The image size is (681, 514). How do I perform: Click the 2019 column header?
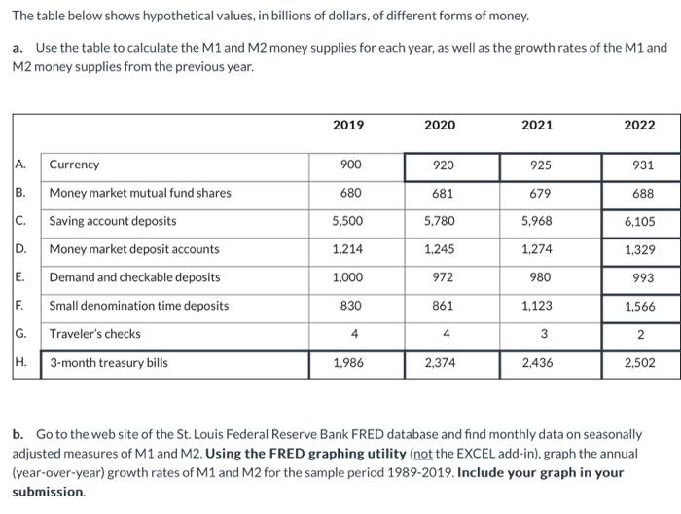(x=348, y=125)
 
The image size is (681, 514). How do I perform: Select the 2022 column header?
(x=639, y=125)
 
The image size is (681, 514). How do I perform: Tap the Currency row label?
(x=74, y=165)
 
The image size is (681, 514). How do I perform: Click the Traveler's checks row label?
(x=95, y=334)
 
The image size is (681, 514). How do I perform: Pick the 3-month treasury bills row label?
(x=108, y=363)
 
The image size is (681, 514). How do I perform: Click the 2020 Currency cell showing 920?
(x=440, y=165)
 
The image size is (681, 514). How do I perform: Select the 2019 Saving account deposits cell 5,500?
(x=348, y=221)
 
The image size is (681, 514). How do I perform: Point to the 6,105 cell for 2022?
(x=638, y=221)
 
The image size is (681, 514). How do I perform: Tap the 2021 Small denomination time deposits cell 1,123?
(x=537, y=306)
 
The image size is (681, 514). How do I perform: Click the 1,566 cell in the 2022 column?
(x=638, y=306)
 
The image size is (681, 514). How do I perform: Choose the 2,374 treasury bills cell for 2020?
(x=440, y=363)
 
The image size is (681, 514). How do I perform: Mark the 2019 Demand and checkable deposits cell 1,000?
(x=348, y=277)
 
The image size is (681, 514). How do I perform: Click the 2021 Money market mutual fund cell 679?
(x=537, y=193)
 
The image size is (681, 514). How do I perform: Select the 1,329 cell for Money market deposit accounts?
(x=638, y=249)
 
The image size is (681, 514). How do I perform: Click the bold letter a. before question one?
(x=18, y=48)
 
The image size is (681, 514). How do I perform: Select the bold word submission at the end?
(x=48, y=492)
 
